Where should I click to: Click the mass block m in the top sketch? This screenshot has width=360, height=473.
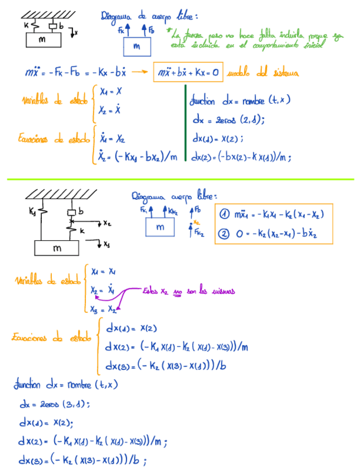point(42,40)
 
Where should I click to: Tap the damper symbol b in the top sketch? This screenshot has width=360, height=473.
point(53,26)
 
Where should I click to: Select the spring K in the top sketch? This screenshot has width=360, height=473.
point(35,25)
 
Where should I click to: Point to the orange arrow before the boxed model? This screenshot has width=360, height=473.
point(144,72)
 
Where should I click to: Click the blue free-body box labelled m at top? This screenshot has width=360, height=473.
point(136,47)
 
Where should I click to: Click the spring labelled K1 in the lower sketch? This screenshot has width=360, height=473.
point(41,213)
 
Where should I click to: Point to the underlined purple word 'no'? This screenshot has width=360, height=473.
point(178,291)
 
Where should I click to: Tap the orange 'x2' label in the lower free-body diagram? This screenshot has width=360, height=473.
point(196,221)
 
